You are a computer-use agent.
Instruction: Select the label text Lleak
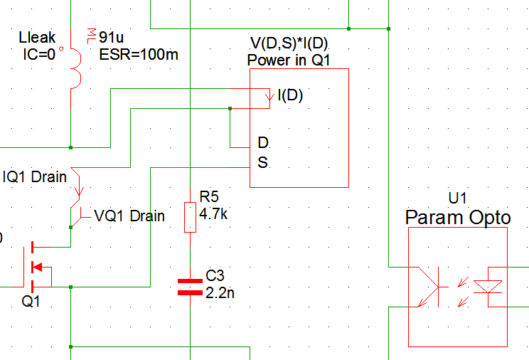point(37,38)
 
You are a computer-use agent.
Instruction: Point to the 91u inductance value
point(112,37)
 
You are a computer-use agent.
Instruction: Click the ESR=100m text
point(139,55)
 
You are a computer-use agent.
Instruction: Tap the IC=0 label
point(39,54)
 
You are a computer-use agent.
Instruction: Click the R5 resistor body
point(190,217)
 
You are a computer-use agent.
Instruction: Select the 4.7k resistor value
point(213,213)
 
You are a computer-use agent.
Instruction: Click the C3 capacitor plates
point(190,286)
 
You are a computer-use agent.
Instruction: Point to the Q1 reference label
point(31,302)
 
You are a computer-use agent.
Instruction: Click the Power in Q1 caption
point(289,60)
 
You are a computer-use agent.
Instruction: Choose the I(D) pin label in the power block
point(289,95)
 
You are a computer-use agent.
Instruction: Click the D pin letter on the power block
point(262,142)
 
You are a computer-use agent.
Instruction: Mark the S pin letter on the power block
point(262,163)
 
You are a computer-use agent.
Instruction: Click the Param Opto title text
point(458,217)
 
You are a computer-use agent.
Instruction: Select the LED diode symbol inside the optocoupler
point(487,287)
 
